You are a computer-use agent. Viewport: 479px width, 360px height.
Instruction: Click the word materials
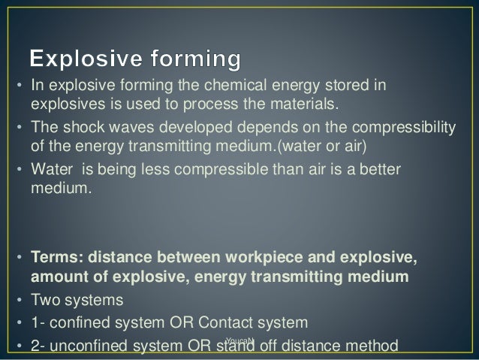pyautogui.click(x=307, y=102)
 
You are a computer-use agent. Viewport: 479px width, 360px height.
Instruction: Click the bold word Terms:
pyautogui.click(x=55, y=260)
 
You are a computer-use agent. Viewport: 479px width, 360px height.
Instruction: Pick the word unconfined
pyautogui.click(x=83, y=346)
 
